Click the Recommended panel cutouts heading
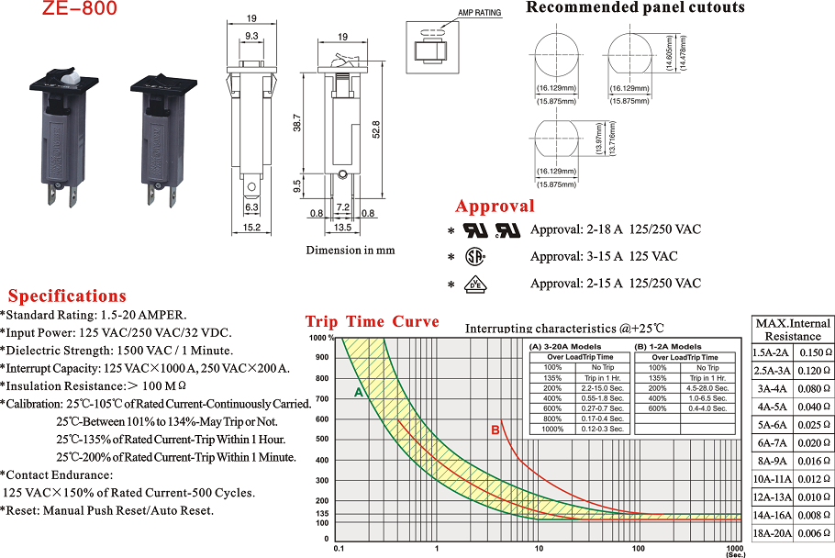635,8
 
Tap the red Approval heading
495,206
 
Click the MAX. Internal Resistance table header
793,329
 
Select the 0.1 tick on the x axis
340,548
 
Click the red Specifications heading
67,296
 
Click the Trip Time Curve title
372,322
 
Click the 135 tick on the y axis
322,514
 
